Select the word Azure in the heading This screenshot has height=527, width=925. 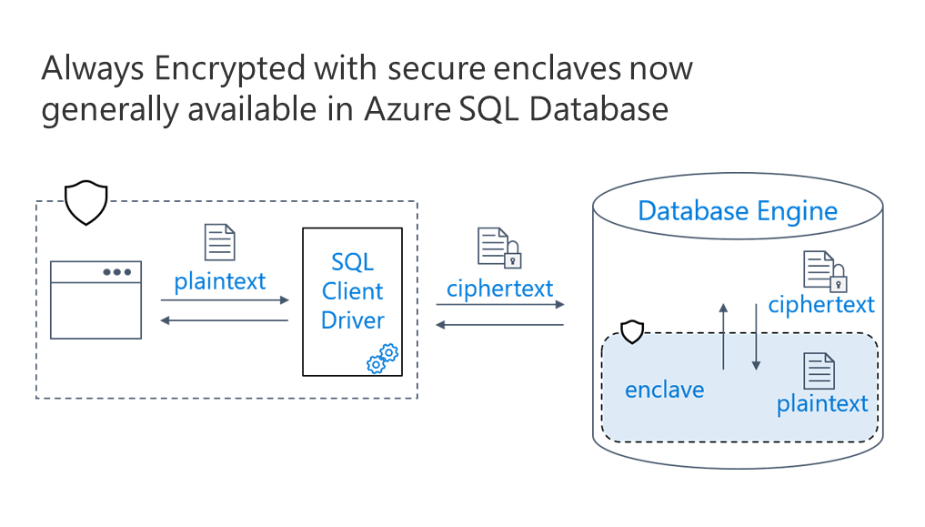[406, 110]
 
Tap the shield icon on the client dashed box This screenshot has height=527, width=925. [86, 203]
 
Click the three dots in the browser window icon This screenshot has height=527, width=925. [116, 271]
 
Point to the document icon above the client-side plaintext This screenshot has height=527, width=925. [219, 243]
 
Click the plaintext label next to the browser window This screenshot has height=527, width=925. [220, 281]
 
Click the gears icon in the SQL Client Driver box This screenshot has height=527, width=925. [382, 359]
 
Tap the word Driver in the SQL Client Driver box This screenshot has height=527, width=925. [353, 320]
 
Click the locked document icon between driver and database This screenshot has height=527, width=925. [499, 248]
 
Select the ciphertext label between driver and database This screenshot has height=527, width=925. [499, 289]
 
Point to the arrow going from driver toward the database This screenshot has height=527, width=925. [499, 306]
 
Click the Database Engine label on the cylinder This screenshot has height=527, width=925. [738, 211]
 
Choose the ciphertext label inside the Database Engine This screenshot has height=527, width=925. [820, 304]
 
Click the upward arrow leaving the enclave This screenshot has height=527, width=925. [723, 337]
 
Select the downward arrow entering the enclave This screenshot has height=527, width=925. [755, 337]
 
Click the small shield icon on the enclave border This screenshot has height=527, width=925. [631, 331]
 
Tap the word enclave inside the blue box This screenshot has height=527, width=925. [664, 390]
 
